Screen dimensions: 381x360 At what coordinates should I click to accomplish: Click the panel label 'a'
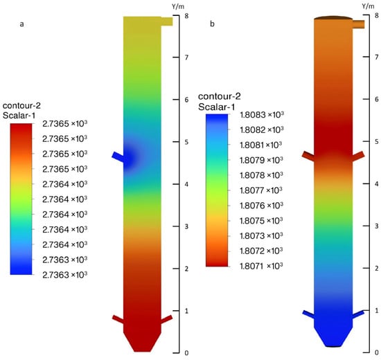22,24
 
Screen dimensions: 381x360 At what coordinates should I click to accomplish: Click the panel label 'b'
212,24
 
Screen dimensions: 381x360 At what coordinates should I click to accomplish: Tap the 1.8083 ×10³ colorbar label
262,114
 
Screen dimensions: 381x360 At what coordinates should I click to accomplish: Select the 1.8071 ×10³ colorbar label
261,266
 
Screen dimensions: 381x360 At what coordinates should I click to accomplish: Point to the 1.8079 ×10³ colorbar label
261,160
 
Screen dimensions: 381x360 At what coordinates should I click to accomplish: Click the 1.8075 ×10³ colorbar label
261,221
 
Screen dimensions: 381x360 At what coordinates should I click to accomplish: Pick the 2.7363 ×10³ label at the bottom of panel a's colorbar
64,275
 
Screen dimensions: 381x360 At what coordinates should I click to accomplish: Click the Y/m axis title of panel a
178,6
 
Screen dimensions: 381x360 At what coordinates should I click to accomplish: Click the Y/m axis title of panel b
368,6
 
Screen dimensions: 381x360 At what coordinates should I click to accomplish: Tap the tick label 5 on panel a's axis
186,142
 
